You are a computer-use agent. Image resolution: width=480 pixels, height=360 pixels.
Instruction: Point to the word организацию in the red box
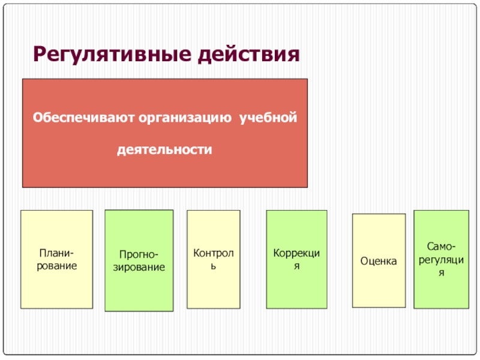[x=186, y=116]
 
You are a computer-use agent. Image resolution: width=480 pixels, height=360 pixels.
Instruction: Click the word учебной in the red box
[x=268, y=116]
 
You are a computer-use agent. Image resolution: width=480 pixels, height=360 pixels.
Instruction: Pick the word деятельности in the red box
[x=164, y=148]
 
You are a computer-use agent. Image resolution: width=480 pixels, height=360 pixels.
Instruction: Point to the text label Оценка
[x=379, y=261]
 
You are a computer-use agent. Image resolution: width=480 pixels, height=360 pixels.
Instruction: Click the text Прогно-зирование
[x=139, y=260]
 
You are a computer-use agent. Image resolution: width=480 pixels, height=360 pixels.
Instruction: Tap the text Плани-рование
[x=57, y=259]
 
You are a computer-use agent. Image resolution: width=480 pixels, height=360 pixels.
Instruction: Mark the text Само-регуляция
[x=441, y=259]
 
